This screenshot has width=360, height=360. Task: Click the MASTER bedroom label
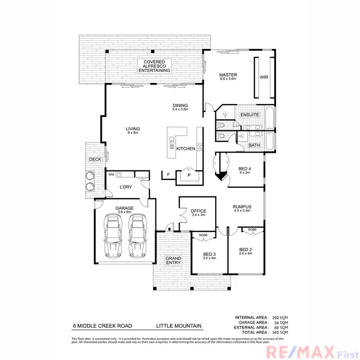coord(228,75)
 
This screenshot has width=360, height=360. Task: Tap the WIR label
coord(264,77)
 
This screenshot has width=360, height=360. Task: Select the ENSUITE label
coord(250,115)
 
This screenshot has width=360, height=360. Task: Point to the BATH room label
coord(254,145)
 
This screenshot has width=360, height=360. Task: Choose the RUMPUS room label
coord(242,207)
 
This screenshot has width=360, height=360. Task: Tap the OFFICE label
coord(198,211)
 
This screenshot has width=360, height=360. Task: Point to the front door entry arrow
coord(168,229)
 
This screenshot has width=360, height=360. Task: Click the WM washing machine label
coord(111,175)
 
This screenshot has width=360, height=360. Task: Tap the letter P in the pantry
coord(189,176)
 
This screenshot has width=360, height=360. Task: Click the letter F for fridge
coord(168,175)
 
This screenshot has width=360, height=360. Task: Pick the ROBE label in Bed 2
coord(252,230)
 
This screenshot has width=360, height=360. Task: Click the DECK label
coord(94,160)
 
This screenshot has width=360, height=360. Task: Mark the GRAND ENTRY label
coord(173,261)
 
